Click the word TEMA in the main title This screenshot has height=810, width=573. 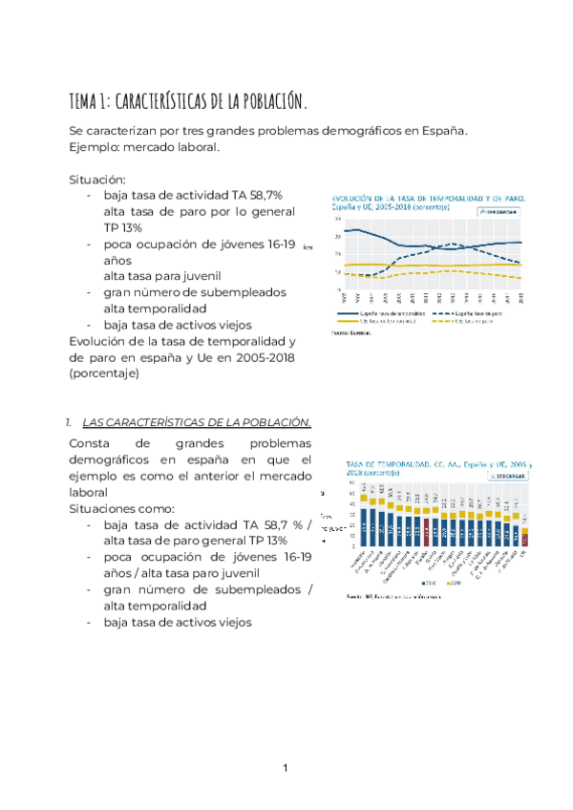tap(84, 100)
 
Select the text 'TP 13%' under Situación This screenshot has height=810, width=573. tap(122, 227)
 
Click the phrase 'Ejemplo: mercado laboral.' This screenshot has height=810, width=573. tap(144, 147)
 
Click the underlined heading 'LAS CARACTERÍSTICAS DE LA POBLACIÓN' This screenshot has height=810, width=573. tap(197, 421)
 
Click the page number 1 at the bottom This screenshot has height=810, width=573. tap(286, 768)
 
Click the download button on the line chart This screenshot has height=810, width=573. tap(498, 212)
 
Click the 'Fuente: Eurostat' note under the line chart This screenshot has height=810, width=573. tap(352, 333)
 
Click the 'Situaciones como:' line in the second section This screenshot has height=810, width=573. tap(122, 508)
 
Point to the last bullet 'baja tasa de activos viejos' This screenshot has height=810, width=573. tap(178, 622)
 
